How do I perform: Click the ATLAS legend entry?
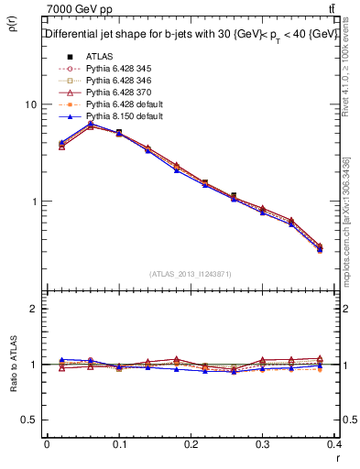[100, 57]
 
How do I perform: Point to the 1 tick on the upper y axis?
[33, 202]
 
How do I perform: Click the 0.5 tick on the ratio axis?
[28, 420]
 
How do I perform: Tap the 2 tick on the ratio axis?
[34, 309]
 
